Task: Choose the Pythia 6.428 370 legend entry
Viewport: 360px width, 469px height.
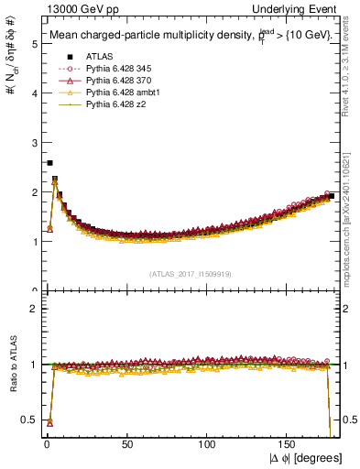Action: click(123, 80)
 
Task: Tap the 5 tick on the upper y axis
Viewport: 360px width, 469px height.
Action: click(34, 43)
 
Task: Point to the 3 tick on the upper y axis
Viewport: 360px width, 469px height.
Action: click(34, 142)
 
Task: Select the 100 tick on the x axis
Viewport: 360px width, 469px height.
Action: click(207, 445)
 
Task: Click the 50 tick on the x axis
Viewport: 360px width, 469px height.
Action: click(126, 445)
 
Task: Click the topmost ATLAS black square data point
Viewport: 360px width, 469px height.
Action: click(49, 163)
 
